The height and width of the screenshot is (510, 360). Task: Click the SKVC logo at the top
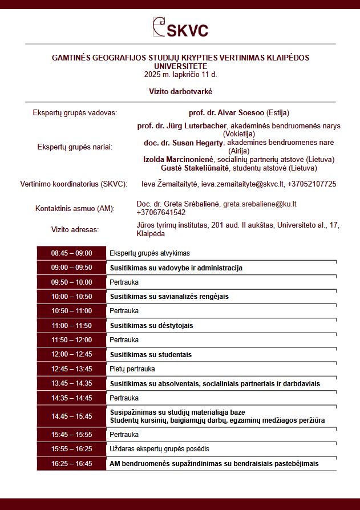tap(180, 27)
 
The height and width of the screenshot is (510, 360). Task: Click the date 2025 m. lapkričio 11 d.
tap(180, 74)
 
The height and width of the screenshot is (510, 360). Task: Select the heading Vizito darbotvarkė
tap(180, 91)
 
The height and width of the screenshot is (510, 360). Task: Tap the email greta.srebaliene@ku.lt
tap(260, 204)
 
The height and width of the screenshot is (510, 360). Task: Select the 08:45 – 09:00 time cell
tap(71, 253)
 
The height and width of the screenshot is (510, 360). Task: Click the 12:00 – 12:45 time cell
tap(71, 354)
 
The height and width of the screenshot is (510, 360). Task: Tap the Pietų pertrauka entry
tap(132, 369)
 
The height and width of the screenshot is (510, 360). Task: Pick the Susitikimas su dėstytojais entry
tap(151, 326)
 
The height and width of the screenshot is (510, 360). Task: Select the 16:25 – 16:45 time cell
tap(71, 464)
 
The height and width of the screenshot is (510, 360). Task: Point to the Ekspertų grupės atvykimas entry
tap(149, 253)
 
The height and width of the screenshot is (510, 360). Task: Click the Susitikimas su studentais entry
tap(151, 355)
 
